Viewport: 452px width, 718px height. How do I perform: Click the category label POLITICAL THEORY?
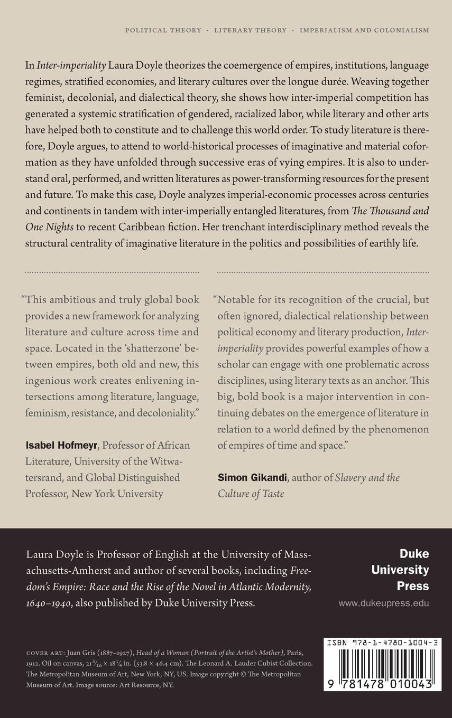click(x=163, y=31)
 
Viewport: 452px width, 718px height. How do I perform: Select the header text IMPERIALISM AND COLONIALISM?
click(x=364, y=31)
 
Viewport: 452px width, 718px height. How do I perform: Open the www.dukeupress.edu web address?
click(x=383, y=603)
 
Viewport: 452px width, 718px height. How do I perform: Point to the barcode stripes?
click(x=382, y=665)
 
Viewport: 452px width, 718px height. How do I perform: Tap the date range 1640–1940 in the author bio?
click(x=49, y=603)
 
